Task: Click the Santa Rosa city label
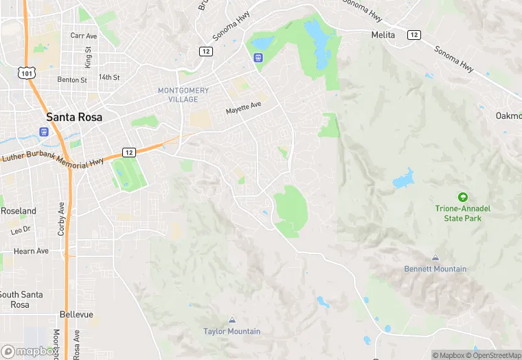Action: point(74,117)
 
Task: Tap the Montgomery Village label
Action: point(183,95)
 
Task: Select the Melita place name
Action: point(383,34)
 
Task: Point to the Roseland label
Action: point(19,210)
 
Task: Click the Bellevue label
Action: point(76,314)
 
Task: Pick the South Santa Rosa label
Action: point(21,300)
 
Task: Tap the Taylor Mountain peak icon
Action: point(231,320)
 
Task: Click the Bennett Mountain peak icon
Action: point(435,258)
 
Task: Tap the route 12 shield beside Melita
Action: point(413,34)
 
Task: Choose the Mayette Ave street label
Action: point(244,109)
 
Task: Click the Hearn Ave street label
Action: point(31,251)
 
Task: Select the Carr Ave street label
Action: point(83,35)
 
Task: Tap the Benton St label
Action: point(72,80)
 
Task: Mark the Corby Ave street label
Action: point(61,218)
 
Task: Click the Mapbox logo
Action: point(30,351)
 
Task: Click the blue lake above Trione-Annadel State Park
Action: point(403,179)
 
